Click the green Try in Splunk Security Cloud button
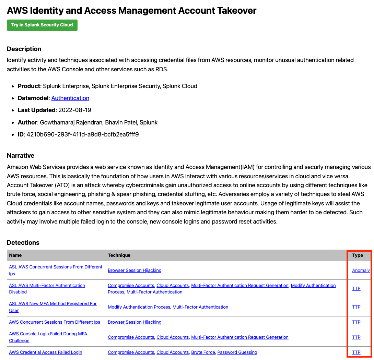(42, 25)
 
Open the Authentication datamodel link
(70, 98)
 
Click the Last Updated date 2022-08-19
(75, 110)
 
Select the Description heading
(24, 49)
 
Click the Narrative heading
(21, 156)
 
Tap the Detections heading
(23, 243)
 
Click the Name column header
(15, 255)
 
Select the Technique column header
(119, 255)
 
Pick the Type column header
(358, 255)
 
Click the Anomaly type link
(361, 271)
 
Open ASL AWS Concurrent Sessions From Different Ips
(56, 267)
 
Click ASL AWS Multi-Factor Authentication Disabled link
(47, 286)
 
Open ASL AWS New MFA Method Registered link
(53, 304)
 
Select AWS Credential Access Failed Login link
(46, 352)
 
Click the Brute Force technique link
(203, 352)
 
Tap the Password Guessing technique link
(237, 352)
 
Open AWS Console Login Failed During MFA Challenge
(48, 334)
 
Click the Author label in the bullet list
(27, 122)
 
